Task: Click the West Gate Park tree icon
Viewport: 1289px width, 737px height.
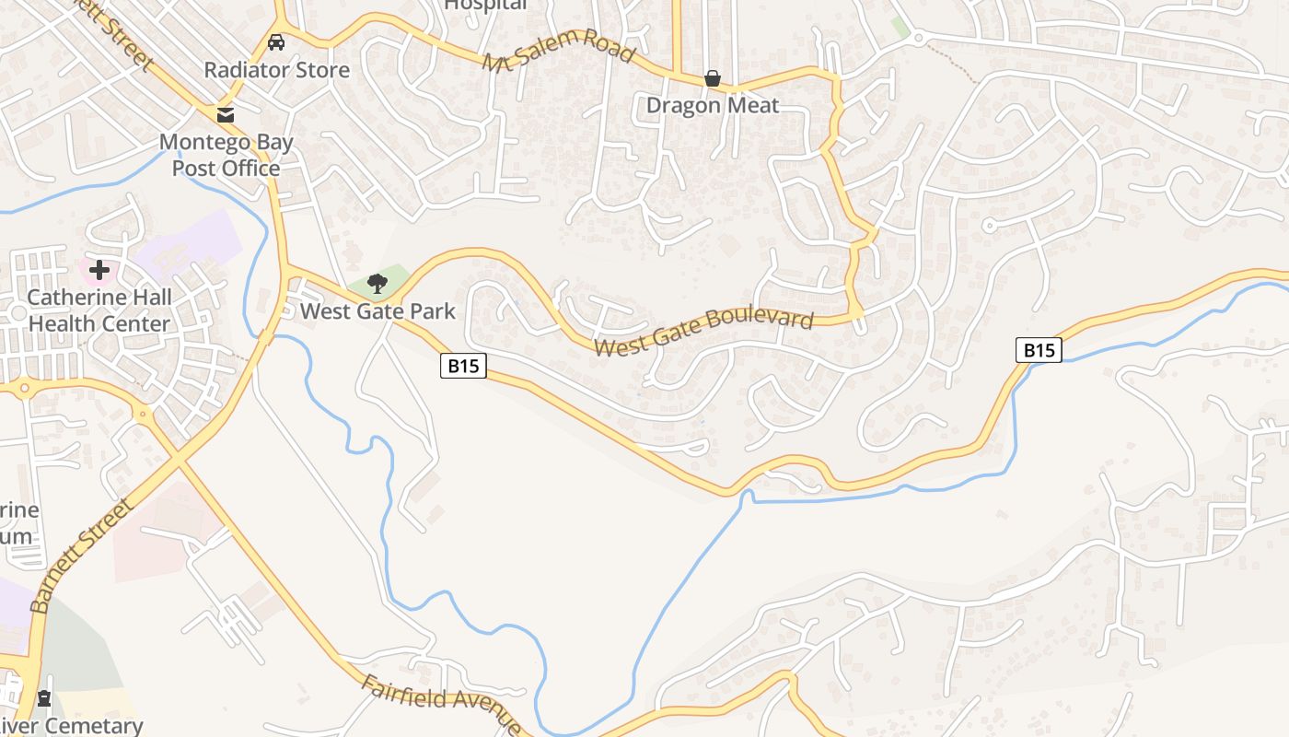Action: [377, 282]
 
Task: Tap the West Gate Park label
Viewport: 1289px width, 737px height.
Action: [377, 311]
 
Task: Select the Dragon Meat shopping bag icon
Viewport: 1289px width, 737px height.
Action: [712, 79]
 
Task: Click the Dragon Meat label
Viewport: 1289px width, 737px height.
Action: [712, 105]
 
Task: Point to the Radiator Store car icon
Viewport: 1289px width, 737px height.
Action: [276, 42]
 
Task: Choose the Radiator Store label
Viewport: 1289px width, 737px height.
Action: [276, 70]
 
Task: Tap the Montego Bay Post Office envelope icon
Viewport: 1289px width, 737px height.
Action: [225, 115]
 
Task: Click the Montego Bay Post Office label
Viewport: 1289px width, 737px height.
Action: [226, 155]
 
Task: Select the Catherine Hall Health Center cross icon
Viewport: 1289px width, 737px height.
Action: [99, 270]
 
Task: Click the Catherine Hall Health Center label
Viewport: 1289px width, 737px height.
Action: [99, 310]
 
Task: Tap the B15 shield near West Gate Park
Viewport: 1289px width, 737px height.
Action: [463, 366]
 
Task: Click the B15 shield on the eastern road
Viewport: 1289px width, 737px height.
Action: [1039, 350]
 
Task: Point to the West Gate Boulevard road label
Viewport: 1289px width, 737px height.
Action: [704, 331]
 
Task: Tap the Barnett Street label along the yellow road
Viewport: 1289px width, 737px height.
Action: [81, 556]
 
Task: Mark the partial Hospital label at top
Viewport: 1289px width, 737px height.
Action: [485, 6]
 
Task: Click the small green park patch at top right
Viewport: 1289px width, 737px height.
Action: [900, 27]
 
